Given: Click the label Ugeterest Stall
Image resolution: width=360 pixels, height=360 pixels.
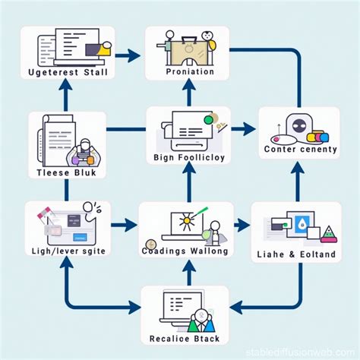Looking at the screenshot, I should point(67,72).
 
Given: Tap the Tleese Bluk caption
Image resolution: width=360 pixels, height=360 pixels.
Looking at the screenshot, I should point(67,172).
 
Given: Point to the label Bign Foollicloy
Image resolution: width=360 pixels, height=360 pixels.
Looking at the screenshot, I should point(188,158).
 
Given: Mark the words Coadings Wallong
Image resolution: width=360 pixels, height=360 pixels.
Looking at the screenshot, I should point(185,251).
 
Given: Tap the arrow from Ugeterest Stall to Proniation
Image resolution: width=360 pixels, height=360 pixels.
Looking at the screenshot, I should point(129,55).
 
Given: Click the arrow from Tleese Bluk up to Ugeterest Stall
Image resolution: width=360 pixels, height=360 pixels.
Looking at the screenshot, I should point(66,95).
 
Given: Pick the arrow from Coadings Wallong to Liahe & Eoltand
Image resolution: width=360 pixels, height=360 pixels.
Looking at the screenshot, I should point(242,225).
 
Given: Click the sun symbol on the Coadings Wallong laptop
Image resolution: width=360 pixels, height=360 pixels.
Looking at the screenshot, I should point(185,223).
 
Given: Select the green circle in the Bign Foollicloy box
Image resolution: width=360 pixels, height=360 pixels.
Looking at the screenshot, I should point(207,119).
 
